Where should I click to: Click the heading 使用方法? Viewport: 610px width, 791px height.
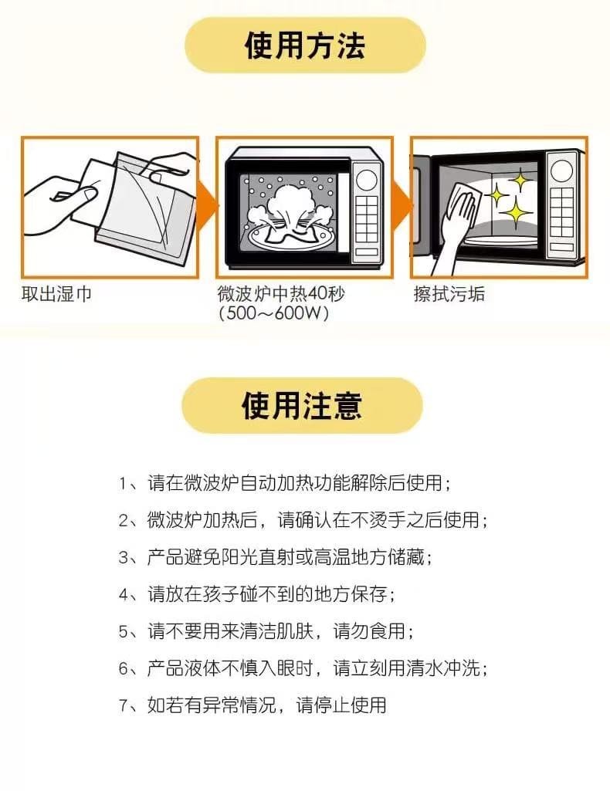tap(305, 46)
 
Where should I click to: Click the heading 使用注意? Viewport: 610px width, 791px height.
tap(302, 406)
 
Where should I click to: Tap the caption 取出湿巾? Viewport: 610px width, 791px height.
tap(56, 293)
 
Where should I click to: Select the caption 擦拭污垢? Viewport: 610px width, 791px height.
tap(449, 293)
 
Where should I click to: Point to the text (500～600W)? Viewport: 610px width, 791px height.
tap(274, 313)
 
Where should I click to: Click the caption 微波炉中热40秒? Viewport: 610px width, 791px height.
tap(281, 293)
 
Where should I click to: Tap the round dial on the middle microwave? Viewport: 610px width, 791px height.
tap(367, 179)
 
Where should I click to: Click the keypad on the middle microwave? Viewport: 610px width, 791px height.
tap(367, 219)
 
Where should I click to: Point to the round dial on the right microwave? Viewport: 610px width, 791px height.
tap(561, 171)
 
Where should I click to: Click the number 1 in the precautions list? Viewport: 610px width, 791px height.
tap(123, 484)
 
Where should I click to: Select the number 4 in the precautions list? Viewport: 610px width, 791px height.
tap(124, 595)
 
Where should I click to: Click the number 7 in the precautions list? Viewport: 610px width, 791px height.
tap(124, 706)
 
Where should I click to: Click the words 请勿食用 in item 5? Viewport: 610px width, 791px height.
tap(369, 631)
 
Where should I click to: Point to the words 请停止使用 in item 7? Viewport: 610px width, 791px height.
tap(341, 706)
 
